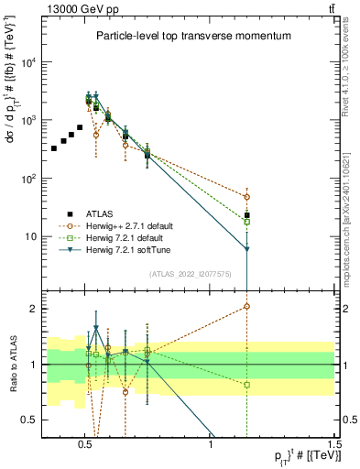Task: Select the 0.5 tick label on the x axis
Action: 85,443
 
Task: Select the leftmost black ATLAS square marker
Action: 54,147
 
